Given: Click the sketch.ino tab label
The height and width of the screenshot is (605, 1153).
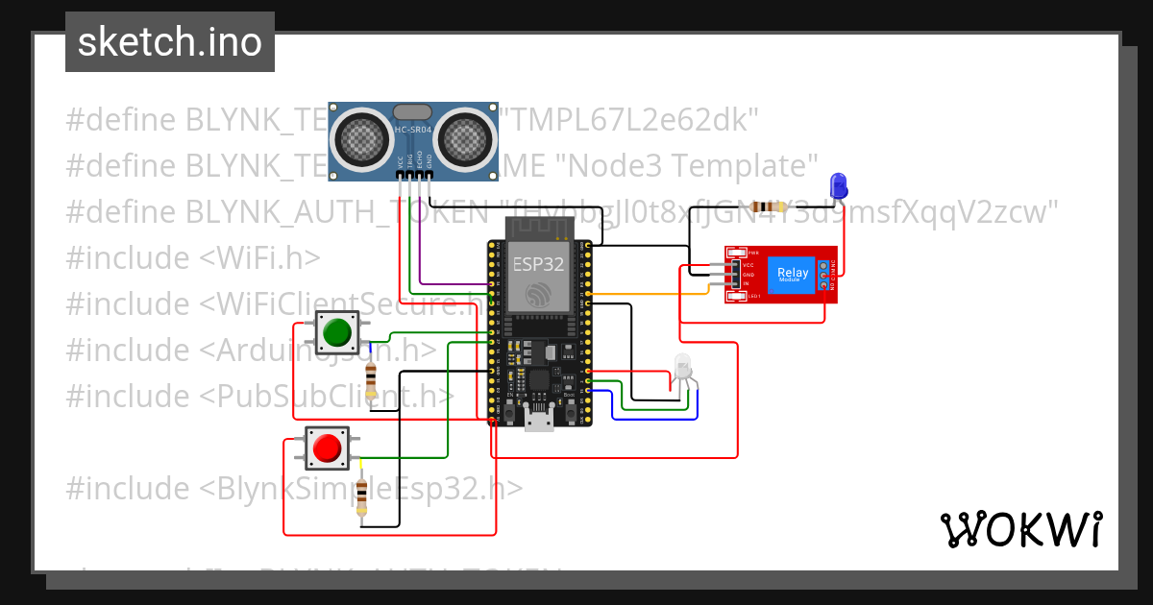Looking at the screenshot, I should pos(169,42).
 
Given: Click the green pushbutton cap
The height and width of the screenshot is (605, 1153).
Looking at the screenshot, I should pos(336,332).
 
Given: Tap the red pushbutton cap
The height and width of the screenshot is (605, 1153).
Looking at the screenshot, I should pos(327,448).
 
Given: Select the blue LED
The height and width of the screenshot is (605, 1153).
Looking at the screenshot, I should pos(838,184).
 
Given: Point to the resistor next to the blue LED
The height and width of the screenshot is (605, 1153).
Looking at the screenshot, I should pos(768,206).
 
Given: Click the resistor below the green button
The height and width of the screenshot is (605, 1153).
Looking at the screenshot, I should pos(371,375).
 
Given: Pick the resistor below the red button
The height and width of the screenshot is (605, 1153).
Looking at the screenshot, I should pos(361,495).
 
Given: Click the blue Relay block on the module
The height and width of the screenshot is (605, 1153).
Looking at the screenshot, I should pos(793,275).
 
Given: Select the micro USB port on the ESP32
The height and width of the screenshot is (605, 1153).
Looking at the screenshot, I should pos(538,419).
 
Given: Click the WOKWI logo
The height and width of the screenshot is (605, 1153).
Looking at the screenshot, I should pos(1020,529).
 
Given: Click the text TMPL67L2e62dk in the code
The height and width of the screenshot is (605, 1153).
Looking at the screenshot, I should pos(634,120).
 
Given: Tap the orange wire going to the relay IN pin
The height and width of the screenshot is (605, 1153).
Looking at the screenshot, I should pos(653,293).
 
